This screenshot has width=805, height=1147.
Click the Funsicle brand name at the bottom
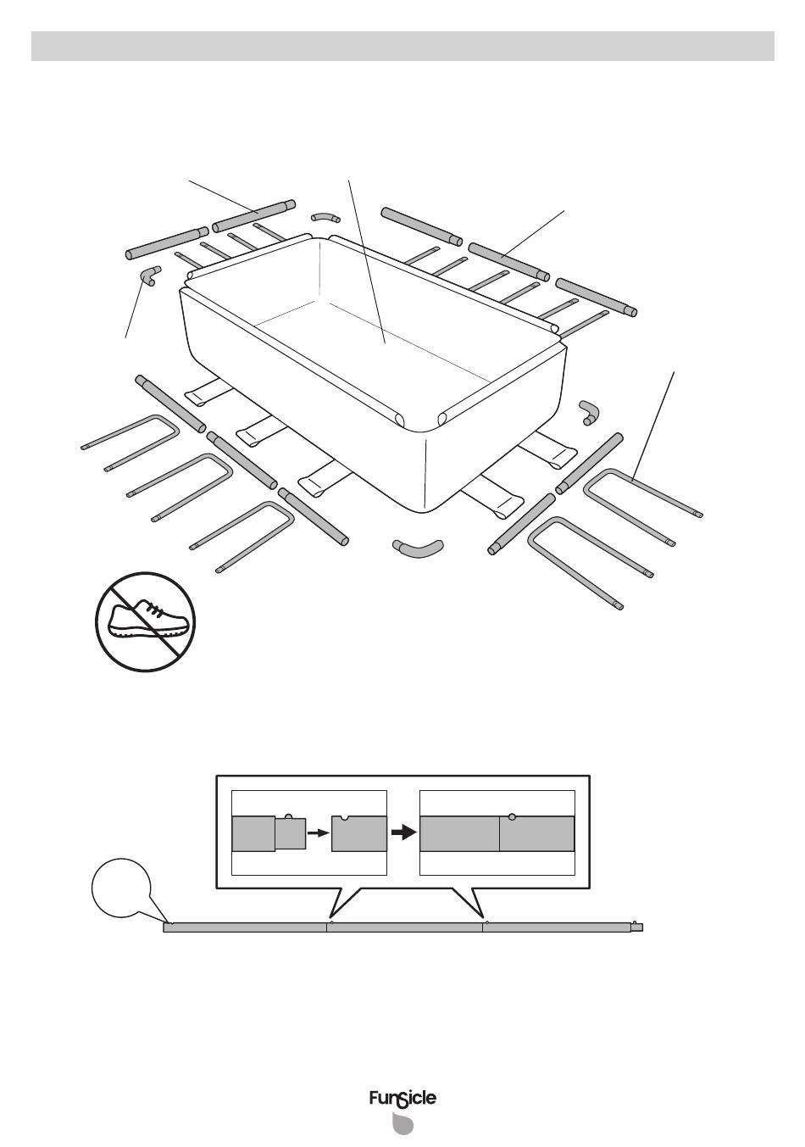tap(402, 1099)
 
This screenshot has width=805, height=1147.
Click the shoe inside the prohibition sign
tap(145, 622)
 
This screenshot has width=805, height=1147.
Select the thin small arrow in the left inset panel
tap(317, 833)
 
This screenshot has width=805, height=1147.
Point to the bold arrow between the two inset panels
tap(403, 832)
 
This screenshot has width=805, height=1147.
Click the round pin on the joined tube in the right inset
tap(511, 816)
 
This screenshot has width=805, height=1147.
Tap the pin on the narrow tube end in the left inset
tap(289, 816)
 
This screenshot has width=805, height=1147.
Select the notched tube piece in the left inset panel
tap(358, 833)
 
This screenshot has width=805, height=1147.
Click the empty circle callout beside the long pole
tap(121, 888)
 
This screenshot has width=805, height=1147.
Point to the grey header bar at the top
tap(402, 47)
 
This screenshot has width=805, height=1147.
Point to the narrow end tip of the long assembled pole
tap(637, 927)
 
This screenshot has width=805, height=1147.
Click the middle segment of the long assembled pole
tap(404, 927)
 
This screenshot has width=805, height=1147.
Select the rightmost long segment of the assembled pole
tap(556, 927)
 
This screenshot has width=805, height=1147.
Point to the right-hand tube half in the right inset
tap(536, 834)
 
